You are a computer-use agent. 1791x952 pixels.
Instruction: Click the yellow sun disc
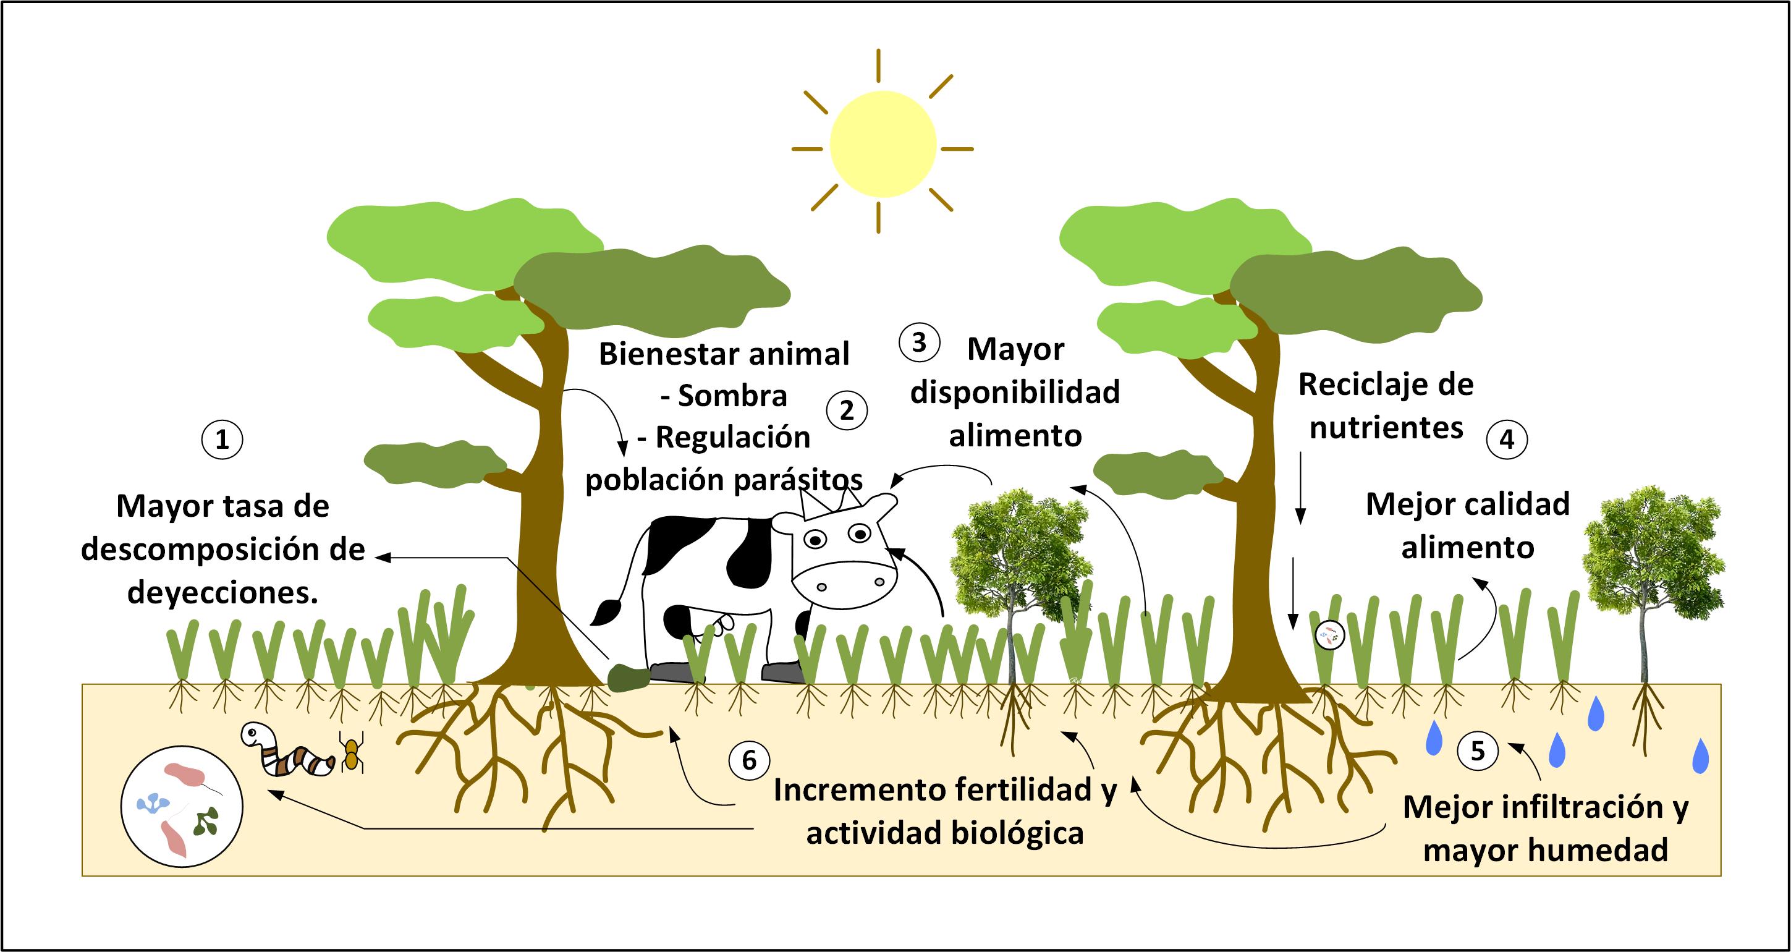tap(883, 144)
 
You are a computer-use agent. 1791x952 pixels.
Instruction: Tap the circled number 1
tap(222, 440)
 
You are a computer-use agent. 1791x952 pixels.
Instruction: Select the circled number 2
tap(846, 410)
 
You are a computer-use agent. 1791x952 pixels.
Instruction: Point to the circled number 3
tap(919, 342)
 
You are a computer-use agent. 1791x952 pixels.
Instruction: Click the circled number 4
tap(1507, 440)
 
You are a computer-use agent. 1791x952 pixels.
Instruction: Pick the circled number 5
tap(1478, 750)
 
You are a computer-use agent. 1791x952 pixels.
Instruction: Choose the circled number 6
tap(749, 759)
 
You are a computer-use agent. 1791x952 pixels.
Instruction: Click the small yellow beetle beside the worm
tap(352, 754)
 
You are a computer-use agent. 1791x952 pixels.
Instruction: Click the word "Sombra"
tap(732, 396)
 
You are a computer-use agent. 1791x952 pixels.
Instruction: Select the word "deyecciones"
tap(222, 592)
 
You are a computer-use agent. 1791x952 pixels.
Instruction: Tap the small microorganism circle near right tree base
tap(1331, 634)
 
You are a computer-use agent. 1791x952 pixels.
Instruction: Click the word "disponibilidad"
tap(1015, 392)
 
